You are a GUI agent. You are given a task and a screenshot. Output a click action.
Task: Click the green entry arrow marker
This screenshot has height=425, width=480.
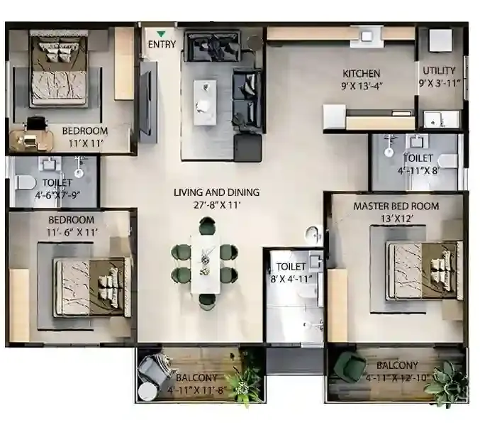(162, 33)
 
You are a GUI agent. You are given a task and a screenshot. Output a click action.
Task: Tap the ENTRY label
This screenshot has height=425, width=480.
(162, 45)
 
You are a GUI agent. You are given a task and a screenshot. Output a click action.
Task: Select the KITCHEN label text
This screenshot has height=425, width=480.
(362, 73)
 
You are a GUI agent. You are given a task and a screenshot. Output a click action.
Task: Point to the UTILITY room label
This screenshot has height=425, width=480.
(440, 71)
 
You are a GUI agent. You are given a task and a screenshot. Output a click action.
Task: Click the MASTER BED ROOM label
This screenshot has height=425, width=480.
(396, 206)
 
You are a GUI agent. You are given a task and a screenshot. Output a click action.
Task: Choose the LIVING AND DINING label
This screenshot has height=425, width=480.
(217, 192)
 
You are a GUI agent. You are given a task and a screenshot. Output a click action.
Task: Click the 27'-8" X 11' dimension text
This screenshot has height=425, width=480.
(217, 206)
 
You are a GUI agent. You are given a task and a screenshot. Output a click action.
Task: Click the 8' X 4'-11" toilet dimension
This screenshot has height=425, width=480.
(291, 279)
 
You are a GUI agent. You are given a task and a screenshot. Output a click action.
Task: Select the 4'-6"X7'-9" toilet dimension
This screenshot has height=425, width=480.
(53, 194)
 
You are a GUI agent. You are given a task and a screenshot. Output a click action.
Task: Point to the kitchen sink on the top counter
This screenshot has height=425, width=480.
(366, 35)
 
